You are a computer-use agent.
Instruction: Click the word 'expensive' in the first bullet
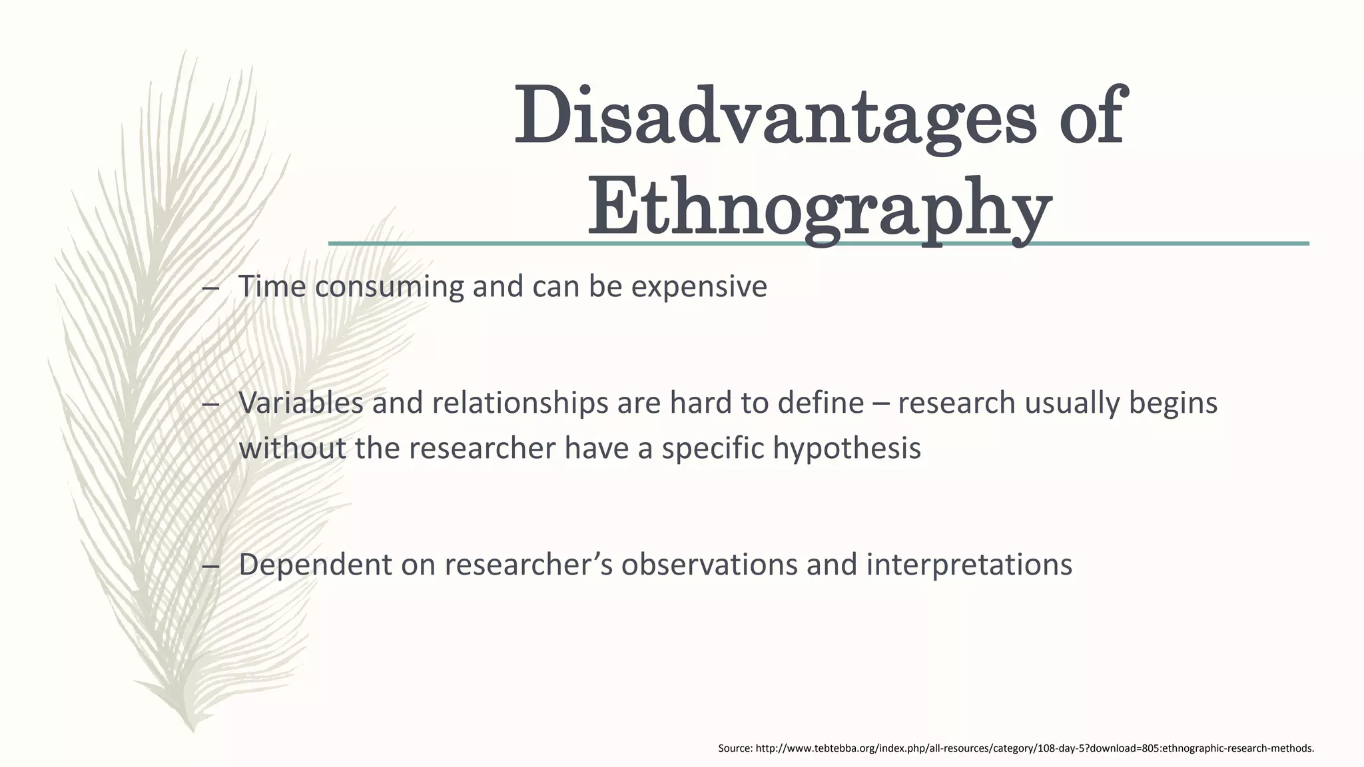click(x=699, y=287)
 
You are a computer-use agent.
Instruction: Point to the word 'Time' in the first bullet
click(x=272, y=287)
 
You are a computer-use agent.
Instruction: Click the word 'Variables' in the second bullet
click(x=300, y=403)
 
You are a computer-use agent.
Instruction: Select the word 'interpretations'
click(x=969, y=565)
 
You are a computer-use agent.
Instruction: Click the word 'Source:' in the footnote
click(x=735, y=748)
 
